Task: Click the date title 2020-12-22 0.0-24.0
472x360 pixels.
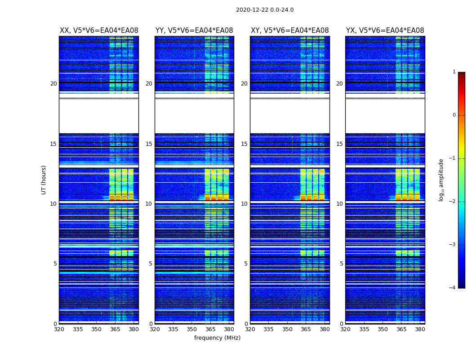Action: [265, 10]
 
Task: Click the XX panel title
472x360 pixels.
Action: [99, 31]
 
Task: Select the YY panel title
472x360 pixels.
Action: [194, 31]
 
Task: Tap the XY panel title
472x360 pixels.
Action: [289, 31]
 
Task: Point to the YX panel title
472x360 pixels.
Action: [385, 31]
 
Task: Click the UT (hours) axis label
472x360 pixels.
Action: [44, 180]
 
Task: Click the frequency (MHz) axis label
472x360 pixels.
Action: [217, 338]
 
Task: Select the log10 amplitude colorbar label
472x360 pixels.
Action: [441, 180]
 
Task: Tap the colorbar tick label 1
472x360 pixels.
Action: [454, 72]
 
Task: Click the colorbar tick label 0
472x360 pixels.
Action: [454, 115]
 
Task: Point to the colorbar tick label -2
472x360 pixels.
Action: [453, 202]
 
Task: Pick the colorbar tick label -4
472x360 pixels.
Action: [453, 288]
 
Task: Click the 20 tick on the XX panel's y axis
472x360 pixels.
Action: [53, 84]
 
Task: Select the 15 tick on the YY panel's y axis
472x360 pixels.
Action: [149, 144]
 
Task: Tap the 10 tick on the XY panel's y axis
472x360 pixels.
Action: [244, 204]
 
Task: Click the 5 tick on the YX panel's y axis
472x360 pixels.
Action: [341, 264]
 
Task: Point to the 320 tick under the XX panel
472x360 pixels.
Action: [59, 329]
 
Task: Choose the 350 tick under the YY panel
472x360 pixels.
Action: [192, 329]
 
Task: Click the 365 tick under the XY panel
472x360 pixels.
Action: [306, 329]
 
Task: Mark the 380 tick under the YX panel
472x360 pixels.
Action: [420, 329]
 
